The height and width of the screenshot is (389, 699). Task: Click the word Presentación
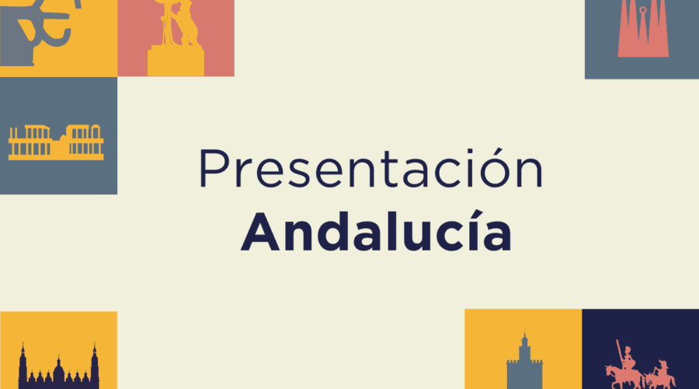(371, 167)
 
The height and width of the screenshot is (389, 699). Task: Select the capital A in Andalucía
(260, 233)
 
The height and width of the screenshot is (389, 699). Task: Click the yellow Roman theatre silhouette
(56, 142)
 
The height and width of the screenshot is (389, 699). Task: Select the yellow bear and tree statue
(176, 38)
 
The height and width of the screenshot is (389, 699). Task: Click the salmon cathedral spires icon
(643, 29)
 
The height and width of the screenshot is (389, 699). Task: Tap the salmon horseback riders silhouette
(640, 366)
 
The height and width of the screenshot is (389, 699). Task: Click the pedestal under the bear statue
(176, 61)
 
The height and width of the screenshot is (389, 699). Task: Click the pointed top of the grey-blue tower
(525, 333)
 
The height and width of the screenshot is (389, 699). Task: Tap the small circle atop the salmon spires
(643, 10)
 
